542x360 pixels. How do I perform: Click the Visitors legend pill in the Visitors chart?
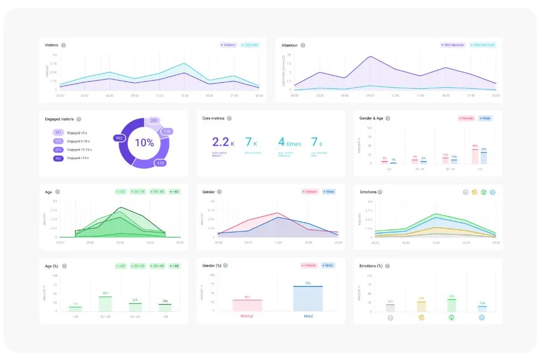click(229, 45)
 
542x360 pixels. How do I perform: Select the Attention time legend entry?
click(482, 45)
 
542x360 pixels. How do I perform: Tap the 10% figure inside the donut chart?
click(144, 142)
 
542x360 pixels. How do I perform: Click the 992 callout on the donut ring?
click(119, 138)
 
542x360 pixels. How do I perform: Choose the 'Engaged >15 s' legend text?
click(78, 158)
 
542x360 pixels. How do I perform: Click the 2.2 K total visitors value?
click(223, 143)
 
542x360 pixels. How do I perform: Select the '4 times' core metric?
click(290, 143)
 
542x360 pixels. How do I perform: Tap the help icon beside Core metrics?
click(229, 118)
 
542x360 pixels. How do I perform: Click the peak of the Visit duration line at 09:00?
click(370, 57)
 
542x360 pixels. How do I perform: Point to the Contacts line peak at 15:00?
click(183, 63)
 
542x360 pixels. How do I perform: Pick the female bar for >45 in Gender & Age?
click(475, 156)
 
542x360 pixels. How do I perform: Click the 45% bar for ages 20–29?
click(105, 304)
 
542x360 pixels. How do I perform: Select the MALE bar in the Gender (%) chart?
click(308, 298)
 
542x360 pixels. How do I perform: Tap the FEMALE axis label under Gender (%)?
click(247, 316)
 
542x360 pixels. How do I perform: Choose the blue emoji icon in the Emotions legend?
click(492, 192)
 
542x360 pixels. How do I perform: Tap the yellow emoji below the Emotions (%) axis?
click(421, 317)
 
